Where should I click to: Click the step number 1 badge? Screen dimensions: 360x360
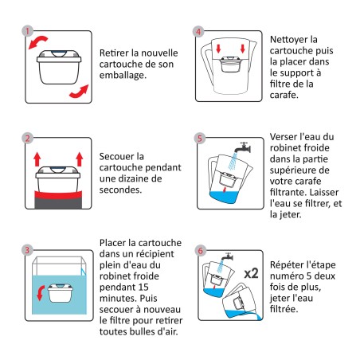tap(29, 33)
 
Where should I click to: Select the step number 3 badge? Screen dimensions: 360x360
tap(29, 249)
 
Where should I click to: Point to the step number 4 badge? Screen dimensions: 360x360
tap(199, 33)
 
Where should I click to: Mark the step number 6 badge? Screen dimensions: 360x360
tap(199, 249)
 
